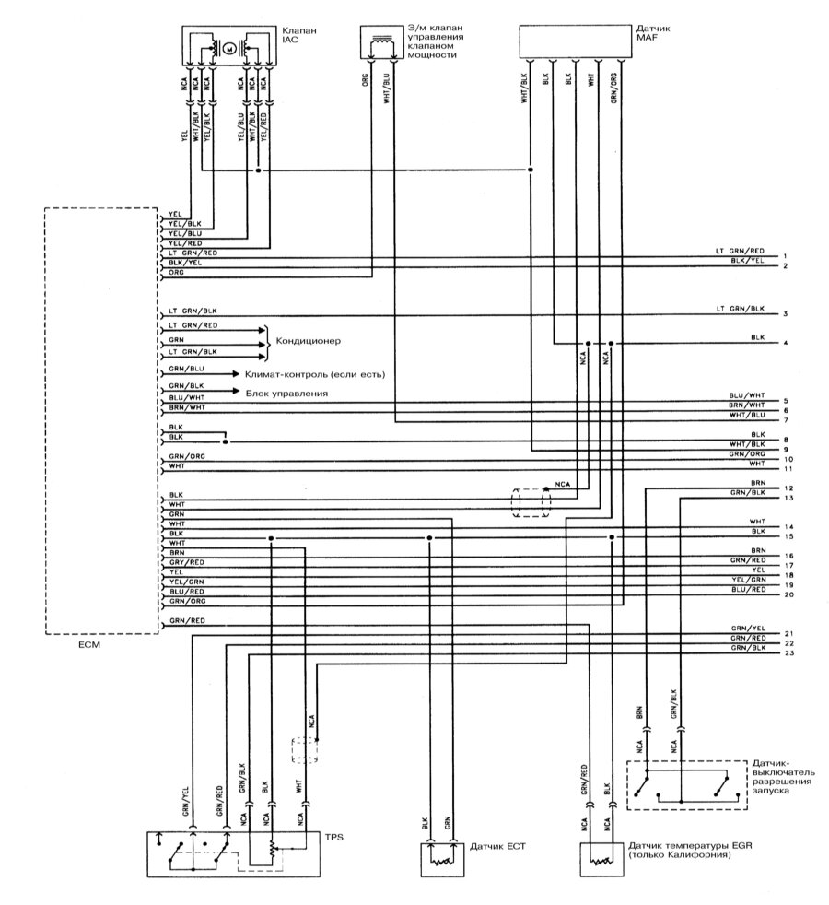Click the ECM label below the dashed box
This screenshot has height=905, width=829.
pos(89,645)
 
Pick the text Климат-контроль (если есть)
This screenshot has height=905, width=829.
pos(314,375)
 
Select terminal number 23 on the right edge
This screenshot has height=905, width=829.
pos(788,653)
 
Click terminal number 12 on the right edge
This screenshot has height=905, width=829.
pos(788,488)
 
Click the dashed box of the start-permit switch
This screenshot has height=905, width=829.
pos(685,784)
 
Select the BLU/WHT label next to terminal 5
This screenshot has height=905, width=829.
pos(746,394)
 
